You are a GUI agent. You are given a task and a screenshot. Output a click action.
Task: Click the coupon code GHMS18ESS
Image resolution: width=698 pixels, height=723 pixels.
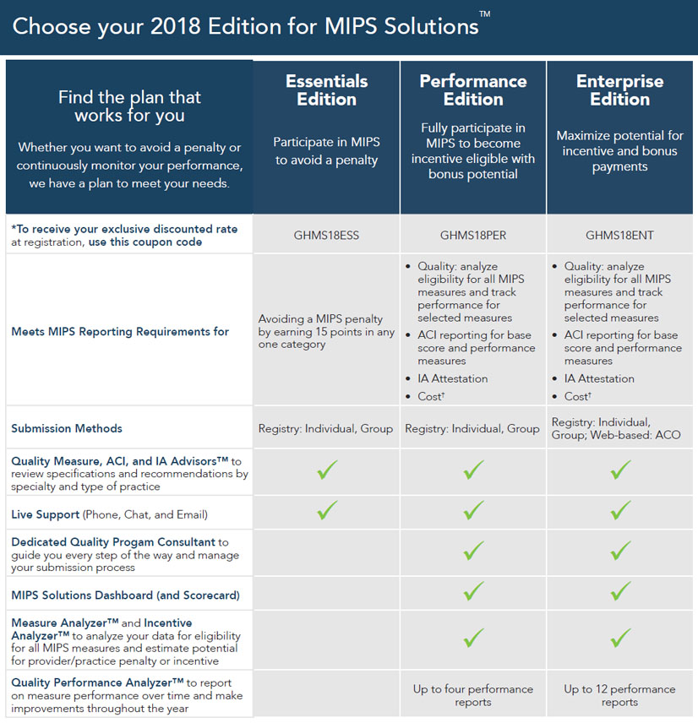point(327,235)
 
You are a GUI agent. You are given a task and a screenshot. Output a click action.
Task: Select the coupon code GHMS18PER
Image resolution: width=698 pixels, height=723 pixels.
point(473,235)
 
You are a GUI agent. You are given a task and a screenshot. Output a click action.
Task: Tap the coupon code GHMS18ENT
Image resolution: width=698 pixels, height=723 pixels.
point(619,235)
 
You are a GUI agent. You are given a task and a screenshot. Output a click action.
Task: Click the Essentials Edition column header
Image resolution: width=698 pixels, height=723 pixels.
point(327,90)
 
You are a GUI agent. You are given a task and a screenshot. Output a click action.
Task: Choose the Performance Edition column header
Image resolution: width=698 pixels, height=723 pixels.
point(473,90)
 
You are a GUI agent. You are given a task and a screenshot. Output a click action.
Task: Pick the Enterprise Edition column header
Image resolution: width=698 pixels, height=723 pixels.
point(619,90)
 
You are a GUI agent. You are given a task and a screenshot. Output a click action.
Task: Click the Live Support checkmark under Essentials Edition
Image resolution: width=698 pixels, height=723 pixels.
point(327,510)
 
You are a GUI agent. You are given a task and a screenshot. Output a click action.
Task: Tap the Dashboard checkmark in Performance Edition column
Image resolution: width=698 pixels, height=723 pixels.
point(474,590)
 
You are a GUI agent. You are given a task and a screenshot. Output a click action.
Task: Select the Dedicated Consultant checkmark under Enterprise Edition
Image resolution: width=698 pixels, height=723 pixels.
point(621,551)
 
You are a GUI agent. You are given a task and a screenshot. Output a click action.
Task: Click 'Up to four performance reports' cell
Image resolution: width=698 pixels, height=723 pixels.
point(473,695)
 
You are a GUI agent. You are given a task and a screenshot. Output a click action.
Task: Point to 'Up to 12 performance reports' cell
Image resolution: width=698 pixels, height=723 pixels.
point(619,695)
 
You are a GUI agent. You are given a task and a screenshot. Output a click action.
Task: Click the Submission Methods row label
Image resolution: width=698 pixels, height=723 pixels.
point(67,428)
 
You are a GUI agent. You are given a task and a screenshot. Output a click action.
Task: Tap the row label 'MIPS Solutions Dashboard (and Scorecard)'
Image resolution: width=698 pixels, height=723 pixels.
point(125,595)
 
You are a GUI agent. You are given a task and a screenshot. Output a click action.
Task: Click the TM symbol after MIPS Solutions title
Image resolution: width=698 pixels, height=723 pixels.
point(484,14)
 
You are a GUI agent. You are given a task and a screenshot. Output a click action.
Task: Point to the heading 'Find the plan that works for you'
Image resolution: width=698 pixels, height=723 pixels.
point(128,106)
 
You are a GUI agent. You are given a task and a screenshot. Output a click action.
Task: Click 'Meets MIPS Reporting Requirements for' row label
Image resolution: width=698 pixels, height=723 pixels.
point(120,331)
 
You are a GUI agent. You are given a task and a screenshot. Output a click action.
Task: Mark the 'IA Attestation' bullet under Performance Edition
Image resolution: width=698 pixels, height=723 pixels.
point(453,378)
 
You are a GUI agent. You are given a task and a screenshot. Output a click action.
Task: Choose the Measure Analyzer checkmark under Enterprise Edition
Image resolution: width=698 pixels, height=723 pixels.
point(621,636)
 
